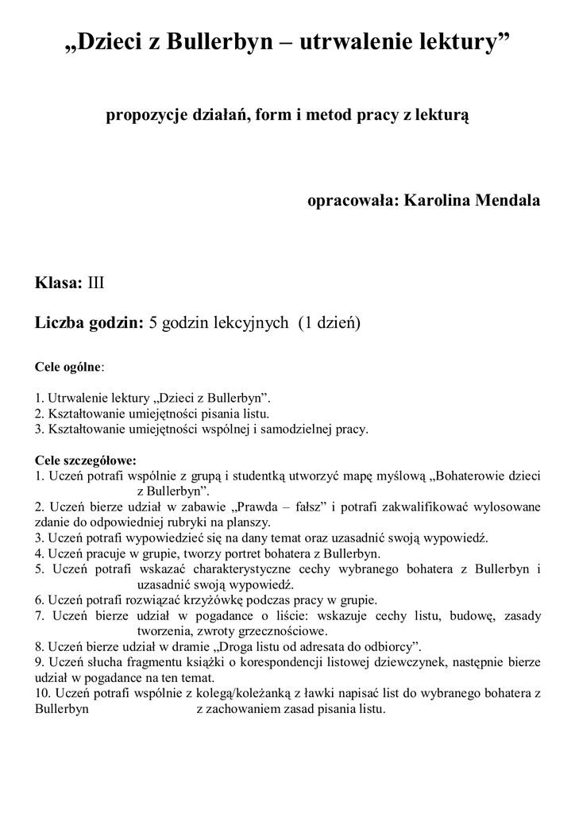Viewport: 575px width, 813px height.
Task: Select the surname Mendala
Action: [507, 200]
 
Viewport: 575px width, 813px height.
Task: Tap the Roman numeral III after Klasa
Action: [95, 282]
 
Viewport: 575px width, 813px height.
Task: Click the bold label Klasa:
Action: [59, 282]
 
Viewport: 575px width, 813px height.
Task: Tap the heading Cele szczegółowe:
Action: [86, 460]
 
